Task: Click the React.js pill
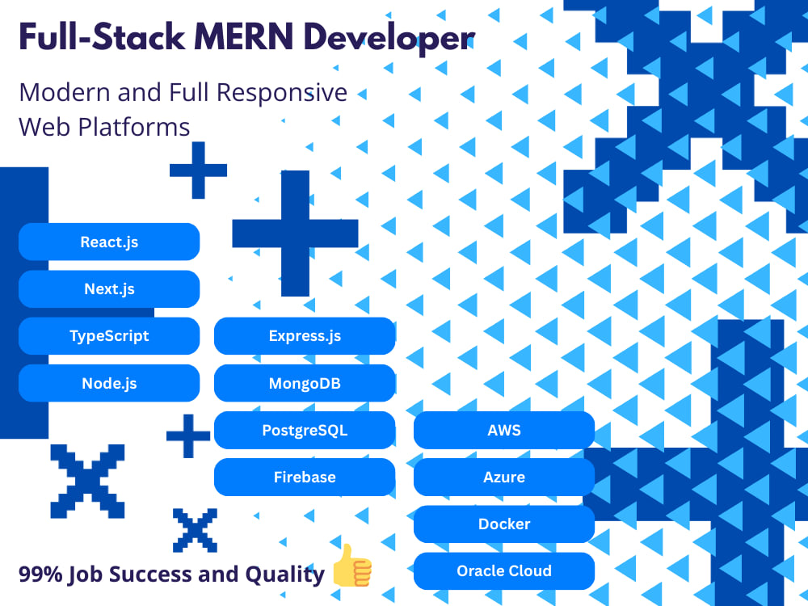(109, 242)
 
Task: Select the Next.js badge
(109, 288)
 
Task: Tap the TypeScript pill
(109, 336)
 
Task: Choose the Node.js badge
(109, 383)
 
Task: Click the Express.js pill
(305, 336)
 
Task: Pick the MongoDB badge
(305, 383)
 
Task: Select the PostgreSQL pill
(305, 430)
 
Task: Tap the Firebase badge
(305, 478)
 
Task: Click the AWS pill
(504, 430)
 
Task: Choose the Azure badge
(504, 478)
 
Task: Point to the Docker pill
(504, 524)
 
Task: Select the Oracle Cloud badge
(504, 571)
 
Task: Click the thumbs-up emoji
(352, 566)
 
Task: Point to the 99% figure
(40, 574)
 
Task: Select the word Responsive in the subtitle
(281, 94)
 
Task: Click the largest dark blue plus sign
(295, 233)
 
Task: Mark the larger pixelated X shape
(87, 482)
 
